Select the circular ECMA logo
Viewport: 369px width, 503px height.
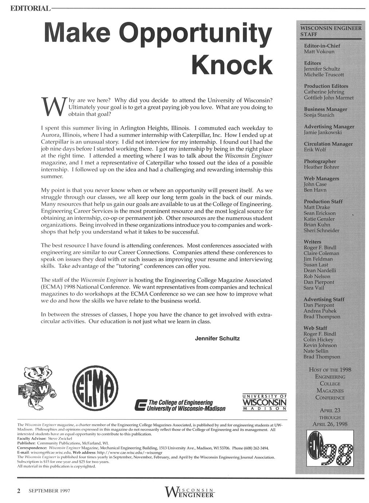[95, 389]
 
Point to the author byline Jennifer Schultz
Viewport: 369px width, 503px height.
[217, 339]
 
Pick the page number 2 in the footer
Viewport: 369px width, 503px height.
[19, 491]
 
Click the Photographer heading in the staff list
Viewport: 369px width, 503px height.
[320, 161]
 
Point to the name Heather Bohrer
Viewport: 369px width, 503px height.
[321, 167]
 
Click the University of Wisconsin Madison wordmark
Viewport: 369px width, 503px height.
[264, 402]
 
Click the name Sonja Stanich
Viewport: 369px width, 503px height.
[319, 115]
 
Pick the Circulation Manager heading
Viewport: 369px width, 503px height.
[328, 144]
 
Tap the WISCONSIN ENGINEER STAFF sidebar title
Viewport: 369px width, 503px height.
[331, 31]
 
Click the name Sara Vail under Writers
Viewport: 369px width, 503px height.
[314, 288]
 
